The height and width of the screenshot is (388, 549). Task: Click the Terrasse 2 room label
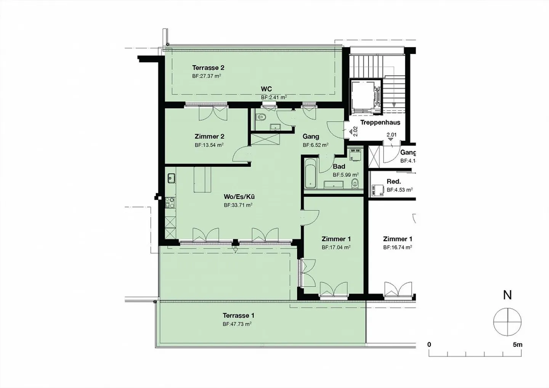[208, 67]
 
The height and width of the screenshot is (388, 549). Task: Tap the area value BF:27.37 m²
[207, 76]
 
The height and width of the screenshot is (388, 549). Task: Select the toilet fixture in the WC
[261, 117]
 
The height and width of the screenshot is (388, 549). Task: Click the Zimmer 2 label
[209, 136]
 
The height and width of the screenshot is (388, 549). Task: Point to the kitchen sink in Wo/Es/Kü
[171, 178]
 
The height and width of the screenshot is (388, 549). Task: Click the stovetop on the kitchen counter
[170, 202]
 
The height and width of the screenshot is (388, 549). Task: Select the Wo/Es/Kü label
[239, 197]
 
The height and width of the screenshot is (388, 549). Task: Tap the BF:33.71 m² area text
[238, 205]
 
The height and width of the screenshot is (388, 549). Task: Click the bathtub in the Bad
[310, 173]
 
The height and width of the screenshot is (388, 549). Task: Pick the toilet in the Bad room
[355, 183]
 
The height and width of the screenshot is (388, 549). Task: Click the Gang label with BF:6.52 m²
[311, 136]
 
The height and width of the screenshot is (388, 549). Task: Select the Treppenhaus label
[380, 122]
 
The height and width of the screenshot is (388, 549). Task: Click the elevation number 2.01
[392, 135]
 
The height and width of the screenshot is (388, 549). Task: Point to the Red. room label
[393, 181]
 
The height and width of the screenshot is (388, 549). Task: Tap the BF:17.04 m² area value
[336, 247]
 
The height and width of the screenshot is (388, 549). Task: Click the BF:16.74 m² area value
[398, 247]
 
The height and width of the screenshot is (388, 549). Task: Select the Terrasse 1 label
[239, 316]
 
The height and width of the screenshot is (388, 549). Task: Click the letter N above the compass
[507, 295]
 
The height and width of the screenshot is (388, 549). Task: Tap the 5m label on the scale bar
[518, 345]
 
